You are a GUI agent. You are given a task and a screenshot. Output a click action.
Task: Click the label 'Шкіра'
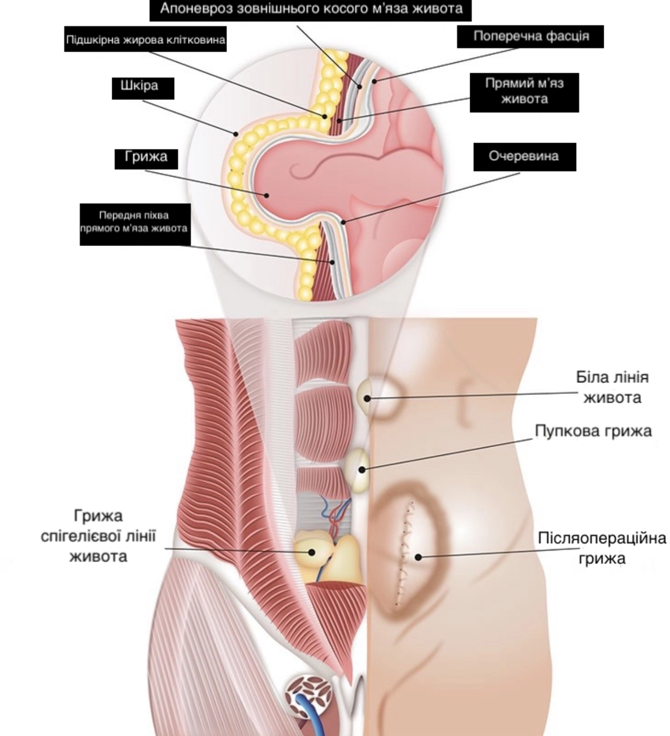(x=143, y=87)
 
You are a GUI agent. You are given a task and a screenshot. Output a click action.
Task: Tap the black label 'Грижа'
(x=146, y=158)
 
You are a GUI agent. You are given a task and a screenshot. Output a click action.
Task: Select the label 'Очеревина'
(x=524, y=156)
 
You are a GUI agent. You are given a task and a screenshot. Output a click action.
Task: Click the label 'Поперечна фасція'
(x=530, y=36)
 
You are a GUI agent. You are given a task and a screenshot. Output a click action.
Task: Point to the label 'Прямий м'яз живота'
(x=524, y=91)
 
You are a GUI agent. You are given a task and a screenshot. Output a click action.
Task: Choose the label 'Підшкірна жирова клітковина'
(x=146, y=40)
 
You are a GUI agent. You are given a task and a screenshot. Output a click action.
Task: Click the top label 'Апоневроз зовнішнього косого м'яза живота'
(x=311, y=9)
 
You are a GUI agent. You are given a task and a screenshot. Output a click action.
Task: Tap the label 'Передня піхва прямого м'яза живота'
(x=135, y=223)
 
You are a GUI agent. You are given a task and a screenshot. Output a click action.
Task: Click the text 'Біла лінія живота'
(x=612, y=388)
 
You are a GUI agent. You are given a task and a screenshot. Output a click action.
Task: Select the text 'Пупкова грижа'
(x=593, y=431)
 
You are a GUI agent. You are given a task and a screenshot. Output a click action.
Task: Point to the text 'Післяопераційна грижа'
(x=602, y=547)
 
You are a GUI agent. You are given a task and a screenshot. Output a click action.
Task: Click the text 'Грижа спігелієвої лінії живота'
(x=99, y=535)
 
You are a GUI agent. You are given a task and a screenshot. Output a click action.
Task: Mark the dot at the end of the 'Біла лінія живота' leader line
(x=367, y=398)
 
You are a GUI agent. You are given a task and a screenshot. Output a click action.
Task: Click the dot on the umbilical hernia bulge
(x=362, y=470)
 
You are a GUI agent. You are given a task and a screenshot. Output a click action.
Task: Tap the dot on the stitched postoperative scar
(x=418, y=557)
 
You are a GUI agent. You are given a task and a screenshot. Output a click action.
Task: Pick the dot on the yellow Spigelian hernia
(x=312, y=552)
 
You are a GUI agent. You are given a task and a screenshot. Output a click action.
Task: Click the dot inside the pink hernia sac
(x=267, y=195)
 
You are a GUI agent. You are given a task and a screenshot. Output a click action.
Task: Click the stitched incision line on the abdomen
(x=404, y=554)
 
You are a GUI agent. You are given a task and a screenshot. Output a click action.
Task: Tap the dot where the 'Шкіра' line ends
(x=236, y=134)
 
